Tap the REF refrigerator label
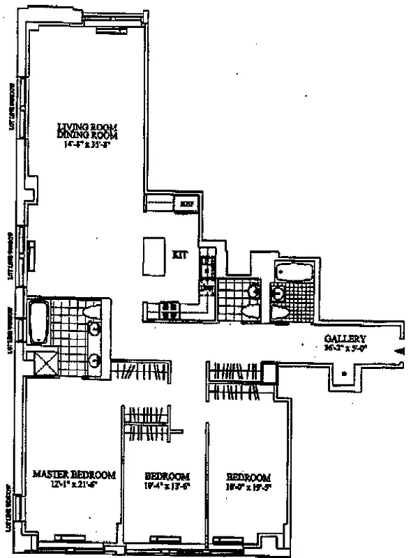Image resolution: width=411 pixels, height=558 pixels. click(186, 204)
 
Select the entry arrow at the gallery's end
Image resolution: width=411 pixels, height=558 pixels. click(399, 352)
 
